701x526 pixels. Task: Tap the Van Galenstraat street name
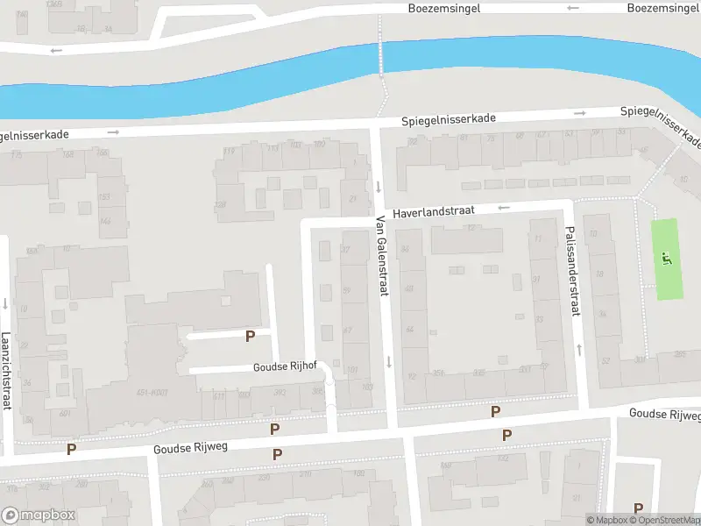tap(381, 256)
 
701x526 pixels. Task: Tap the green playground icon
tap(667, 259)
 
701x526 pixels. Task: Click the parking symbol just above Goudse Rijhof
tap(250, 336)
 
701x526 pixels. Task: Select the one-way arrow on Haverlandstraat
tap(503, 208)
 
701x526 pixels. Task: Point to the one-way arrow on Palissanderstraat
tap(578, 350)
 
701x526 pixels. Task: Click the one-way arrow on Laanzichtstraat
tap(6, 304)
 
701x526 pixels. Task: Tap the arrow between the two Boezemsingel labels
tap(573, 8)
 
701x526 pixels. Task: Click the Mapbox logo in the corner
tap(39, 515)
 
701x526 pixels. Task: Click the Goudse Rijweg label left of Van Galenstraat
tap(190, 447)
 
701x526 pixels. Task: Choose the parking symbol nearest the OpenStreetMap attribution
tap(638, 508)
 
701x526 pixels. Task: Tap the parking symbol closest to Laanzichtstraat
tap(72, 449)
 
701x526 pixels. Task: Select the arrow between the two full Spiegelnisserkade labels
tap(579, 113)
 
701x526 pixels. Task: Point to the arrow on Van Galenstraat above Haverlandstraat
tap(379, 186)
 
